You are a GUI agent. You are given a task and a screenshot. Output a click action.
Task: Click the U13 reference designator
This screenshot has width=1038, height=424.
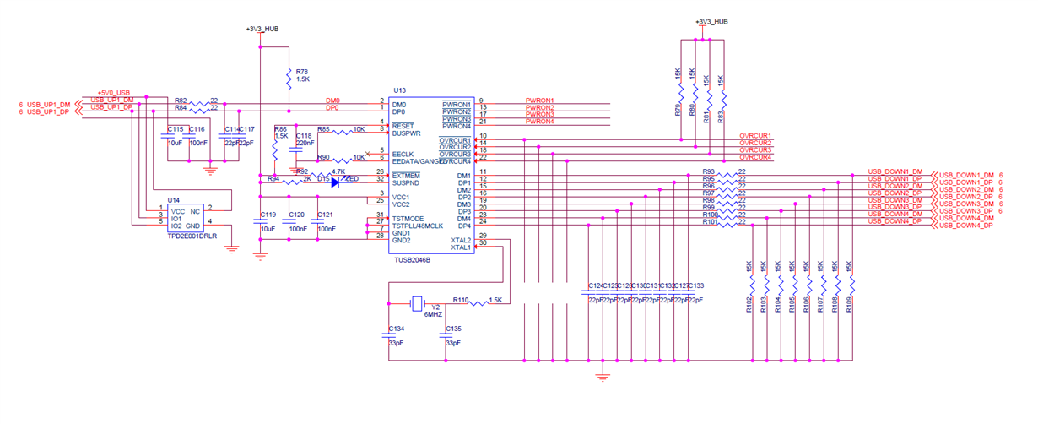[400, 90]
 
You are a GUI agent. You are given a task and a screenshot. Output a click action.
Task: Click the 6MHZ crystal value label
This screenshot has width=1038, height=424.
[433, 314]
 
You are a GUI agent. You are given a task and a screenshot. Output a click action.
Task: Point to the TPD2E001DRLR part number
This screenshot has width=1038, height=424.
[192, 236]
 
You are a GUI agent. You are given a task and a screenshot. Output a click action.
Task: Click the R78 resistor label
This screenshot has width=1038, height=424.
[302, 72]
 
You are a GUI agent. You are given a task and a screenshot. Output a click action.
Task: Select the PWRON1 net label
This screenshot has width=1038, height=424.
[539, 101]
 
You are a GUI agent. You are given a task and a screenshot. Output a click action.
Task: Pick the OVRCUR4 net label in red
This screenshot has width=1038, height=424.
[755, 157]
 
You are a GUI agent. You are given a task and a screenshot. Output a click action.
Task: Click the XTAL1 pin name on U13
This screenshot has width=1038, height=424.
[461, 247]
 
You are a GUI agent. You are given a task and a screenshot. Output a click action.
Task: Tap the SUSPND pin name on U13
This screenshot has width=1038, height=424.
[407, 182]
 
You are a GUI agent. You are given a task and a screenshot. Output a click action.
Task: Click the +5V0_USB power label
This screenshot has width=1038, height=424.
[113, 92]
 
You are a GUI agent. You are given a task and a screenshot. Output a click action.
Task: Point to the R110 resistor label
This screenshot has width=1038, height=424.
[460, 300]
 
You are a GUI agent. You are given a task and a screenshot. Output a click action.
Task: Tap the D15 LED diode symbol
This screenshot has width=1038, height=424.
[336, 181]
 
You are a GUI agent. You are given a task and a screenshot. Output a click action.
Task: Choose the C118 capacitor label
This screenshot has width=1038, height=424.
[304, 135]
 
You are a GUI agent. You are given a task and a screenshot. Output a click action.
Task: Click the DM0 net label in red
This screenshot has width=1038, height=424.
[332, 101]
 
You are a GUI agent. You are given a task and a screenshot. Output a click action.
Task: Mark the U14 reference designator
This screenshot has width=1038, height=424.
[174, 200]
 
